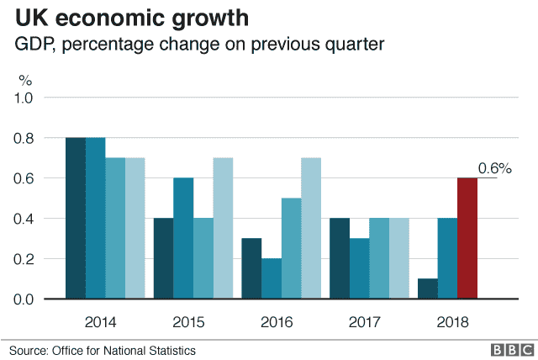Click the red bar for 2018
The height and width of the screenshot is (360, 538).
[x=467, y=238]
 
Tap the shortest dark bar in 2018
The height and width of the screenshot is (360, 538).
[x=427, y=289]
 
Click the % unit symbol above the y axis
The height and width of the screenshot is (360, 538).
[x=25, y=81]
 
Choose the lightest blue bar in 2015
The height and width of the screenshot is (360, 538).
[x=223, y=228]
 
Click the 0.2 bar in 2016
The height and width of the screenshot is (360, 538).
[x=272, y=278]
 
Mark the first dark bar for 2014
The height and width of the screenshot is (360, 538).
[x=76, y=218]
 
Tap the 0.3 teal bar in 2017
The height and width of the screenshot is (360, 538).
[x=359, y=268]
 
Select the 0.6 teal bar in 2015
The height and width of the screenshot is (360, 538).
[x=183, y=238]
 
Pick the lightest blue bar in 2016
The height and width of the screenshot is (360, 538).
[x=311, y=228]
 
